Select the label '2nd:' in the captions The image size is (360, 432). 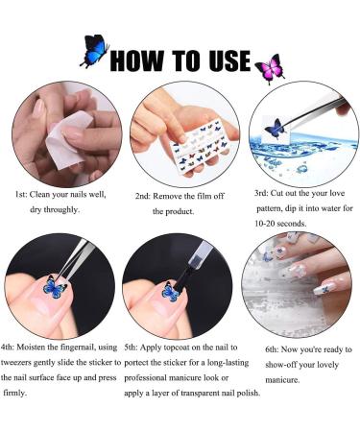point(146,196)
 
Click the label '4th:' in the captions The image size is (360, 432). point(14,347)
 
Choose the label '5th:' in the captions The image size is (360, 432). point(136,347)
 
